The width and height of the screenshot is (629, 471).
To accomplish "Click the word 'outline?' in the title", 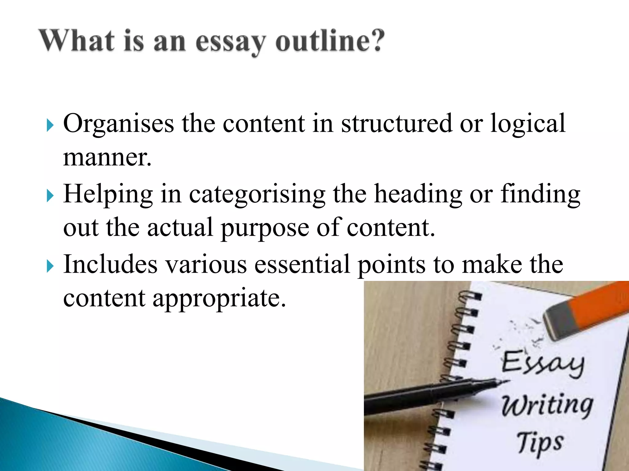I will pyautogui.click(x=330, y=41).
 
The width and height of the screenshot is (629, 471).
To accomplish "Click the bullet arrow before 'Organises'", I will pyautogui.click(x=50, y=125).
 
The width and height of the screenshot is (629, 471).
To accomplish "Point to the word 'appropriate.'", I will pyautogui.click(x=219, y=299).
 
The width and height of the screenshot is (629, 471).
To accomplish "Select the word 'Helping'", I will pyautogui.click(x=108, y=195).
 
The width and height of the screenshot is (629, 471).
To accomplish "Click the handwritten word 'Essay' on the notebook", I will pyautogui.click(x=542, y=363).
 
